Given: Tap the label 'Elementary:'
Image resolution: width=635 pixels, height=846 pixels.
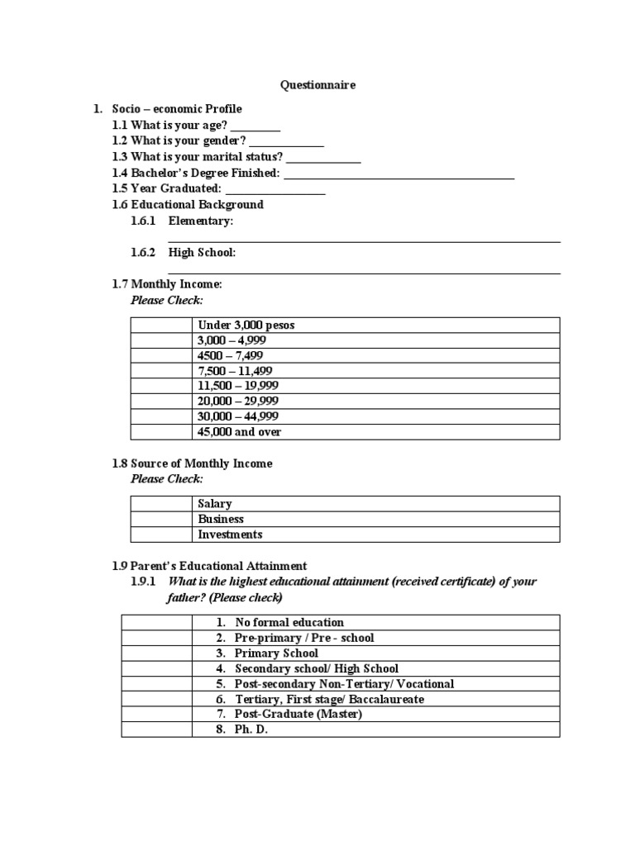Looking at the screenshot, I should pos(201,221).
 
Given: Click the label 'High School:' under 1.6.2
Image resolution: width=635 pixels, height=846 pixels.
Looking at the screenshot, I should pos(203,253).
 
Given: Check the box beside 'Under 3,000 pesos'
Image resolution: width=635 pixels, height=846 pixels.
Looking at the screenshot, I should pos(160,325).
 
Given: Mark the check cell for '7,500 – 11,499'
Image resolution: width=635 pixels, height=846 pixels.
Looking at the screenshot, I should pos(160,371).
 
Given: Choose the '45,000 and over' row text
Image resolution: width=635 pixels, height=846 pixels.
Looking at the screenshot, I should pos(240,432).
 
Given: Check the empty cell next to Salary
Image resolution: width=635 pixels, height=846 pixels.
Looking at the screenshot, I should pos(160,503).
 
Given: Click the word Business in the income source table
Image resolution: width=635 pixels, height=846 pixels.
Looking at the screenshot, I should pos(221,519).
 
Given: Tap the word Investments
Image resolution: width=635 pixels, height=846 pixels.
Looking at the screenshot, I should pos(230,535).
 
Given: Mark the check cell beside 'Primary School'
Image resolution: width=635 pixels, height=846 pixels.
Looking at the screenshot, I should pos(156,653).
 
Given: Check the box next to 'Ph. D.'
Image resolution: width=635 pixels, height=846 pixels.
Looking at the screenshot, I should pos(156,730).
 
